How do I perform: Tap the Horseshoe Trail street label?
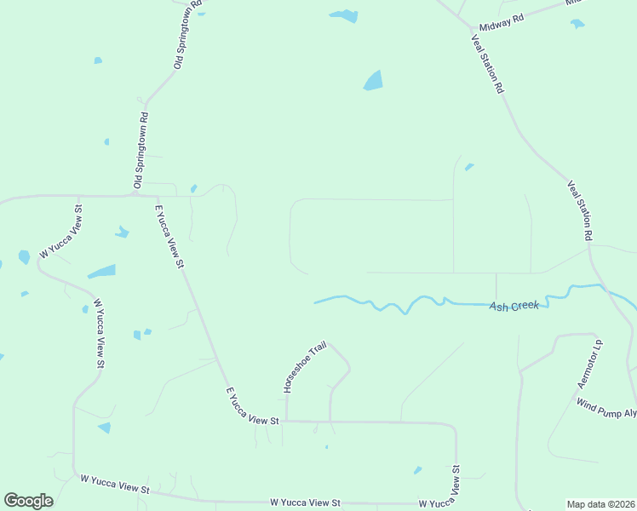[x=293, y=367]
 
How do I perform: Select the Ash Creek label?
[x=514, y=305]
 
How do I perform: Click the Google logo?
[x=28, y=500]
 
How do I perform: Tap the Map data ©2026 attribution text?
[x=600, y=504]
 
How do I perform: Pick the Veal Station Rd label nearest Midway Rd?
[x=489, y=64]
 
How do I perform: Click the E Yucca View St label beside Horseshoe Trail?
[x=252, y=407]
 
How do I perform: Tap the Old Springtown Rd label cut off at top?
[x=188, y=34]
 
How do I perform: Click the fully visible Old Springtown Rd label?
[x=141, y=151]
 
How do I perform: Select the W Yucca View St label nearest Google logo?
[x=115, y=485]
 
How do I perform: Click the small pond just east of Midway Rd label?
[x=577, y=24]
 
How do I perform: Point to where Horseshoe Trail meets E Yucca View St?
[x=286, y=420]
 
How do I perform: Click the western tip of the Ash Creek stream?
[x=315, y=301]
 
